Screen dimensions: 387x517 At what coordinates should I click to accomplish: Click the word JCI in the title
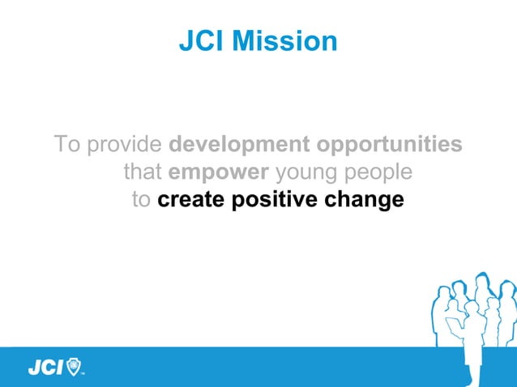[x=202, y=41]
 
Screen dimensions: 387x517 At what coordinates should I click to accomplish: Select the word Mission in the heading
[x=284, y=41]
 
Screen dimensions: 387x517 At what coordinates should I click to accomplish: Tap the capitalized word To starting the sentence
[x=67, y=146]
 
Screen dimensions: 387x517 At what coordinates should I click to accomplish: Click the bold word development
[x=239, y=146]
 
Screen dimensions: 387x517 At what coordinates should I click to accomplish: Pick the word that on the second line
[x=142, y=172]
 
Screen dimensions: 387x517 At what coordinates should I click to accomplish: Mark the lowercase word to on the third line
[x=141, y=199]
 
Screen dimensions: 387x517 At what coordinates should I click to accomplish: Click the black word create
[x=191, y=199]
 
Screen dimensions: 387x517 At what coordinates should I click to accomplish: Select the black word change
[x=365, y=199]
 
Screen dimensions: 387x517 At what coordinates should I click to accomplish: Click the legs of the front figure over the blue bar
[x=471, y=369]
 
